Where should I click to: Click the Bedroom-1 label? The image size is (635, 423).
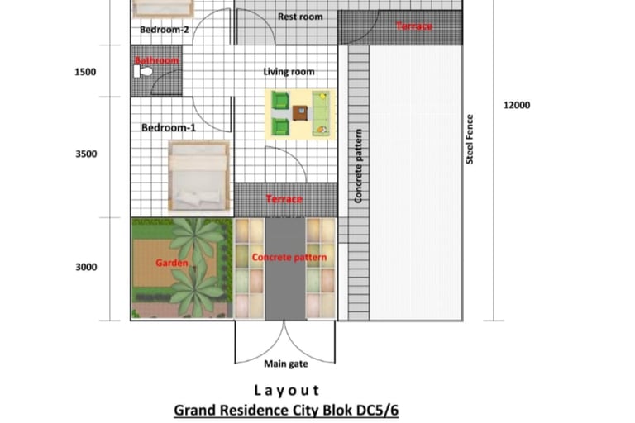click(x=169, y=128)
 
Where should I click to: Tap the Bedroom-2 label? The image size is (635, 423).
click(x=165, y=30)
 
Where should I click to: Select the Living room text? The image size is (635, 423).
click(x=289, y=72)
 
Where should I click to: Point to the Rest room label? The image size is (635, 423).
click(x=300, y=17)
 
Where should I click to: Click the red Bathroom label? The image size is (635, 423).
click(x=157, y=60)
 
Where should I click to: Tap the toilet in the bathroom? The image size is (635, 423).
click(x=142, y=72)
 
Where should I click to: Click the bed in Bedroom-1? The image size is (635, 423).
click(x=198, y=176)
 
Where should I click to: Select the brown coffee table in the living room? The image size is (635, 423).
click(x=300, y=113)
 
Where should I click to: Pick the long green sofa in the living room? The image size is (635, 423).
click(x=321, y=114)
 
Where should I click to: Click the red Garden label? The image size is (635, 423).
click(x=172, y=263)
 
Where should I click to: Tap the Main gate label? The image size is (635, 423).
click(x=286, y=364)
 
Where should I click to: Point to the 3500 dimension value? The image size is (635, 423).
click(x=86, y=154)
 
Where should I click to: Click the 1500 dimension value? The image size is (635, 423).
click(x=85, y=72)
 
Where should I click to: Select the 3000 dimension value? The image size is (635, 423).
click(x=86, y=267)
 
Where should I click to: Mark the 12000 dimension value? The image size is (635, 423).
click(x=517, y=105)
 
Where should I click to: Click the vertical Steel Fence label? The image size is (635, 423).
click(x=470, y=140)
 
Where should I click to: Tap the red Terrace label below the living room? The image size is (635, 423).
click(x=284, y=199)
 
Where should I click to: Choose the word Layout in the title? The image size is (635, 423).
click(x=286, y=391)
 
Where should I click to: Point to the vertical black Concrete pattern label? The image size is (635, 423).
click(x=358, y=166)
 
